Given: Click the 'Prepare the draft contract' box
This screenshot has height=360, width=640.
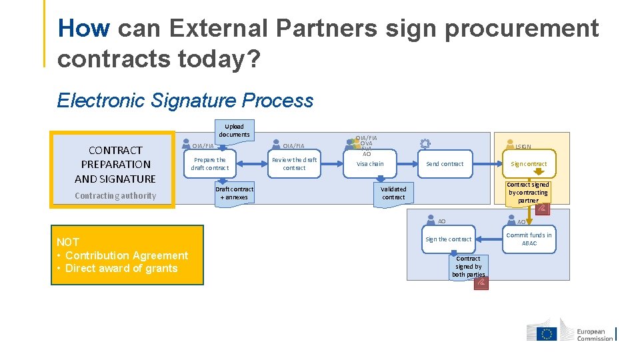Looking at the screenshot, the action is point(209,164).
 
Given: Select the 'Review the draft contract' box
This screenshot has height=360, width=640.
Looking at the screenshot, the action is point(294,164).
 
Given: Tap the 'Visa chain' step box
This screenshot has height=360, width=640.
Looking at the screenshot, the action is point(370,164).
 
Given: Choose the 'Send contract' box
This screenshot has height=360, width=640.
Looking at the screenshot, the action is point(445,164).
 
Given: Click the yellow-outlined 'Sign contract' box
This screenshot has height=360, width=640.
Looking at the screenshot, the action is point(529,164).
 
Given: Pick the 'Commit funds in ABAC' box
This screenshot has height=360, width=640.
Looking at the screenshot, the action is point(529,239).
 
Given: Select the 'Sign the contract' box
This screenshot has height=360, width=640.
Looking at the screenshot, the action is point(448,239).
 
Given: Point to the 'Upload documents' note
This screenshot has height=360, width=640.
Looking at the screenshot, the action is point(234,131).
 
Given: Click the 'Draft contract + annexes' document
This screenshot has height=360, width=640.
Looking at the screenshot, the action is point(234,193).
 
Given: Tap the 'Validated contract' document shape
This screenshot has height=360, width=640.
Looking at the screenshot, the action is point(393,193).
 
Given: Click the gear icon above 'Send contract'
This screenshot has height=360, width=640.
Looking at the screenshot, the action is point(425,143).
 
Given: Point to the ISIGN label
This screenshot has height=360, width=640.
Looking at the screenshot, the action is point(523,147).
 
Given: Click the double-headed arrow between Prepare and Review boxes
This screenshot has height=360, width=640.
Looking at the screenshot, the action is point(251,164).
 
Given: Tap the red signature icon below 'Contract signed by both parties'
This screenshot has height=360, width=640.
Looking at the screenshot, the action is point(481,284).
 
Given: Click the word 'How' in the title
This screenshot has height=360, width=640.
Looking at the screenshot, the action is point(83,29).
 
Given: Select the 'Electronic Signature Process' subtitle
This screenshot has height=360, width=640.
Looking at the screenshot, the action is point(185,101).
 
